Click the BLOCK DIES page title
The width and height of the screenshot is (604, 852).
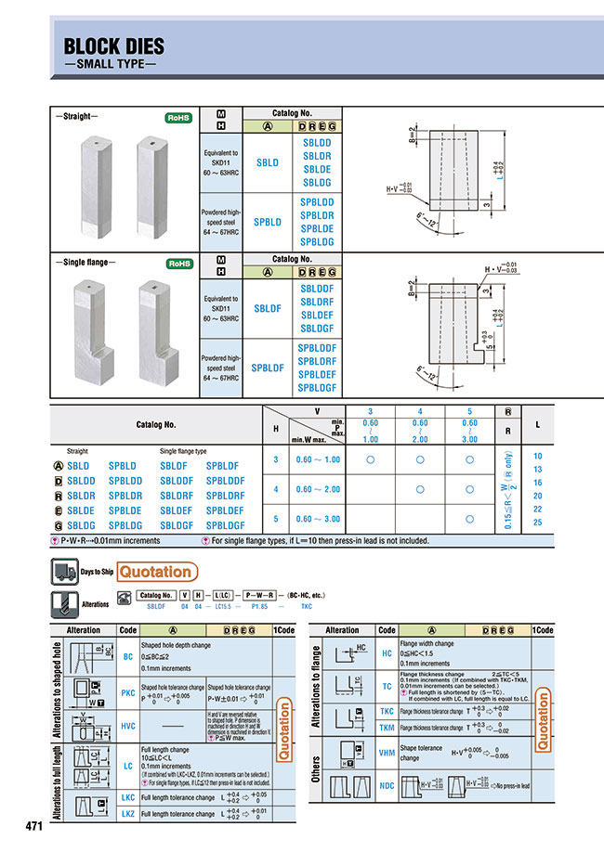pyautogui.click(x=113, y=47)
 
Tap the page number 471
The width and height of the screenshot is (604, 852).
pyautogui.click(x=35, y=826)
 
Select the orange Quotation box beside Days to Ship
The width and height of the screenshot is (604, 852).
pyautogui.click(x=156, y=572)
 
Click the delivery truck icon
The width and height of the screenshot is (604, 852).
pyautogui.click(x=61, y=572)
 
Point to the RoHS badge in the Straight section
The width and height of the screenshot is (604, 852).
pyautogui.click(x=177, y=119)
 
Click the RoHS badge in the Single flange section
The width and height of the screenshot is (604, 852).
pyautogui.click(x=177, y=265)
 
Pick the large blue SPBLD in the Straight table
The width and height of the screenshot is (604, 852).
pyautogui.click(x=268, y=223)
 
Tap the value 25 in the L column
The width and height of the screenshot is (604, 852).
pyautogui.click(x=538, y=523)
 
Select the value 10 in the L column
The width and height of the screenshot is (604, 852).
pyautogui.click(x=538, y=456)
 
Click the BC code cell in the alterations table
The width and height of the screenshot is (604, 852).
pyautogui.click(x=128, y=656)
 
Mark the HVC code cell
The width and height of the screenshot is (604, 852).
pyautogui.click(x=128, y=725)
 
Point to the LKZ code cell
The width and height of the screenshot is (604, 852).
pyautogui.click(x=128, y=813)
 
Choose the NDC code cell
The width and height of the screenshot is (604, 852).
pyautogui.click(x=387, y=788)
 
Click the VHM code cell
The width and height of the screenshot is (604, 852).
pyautogui.click(x=387, y=753)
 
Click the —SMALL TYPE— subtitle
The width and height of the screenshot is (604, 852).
pyautogui.click(x=110, y=67)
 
